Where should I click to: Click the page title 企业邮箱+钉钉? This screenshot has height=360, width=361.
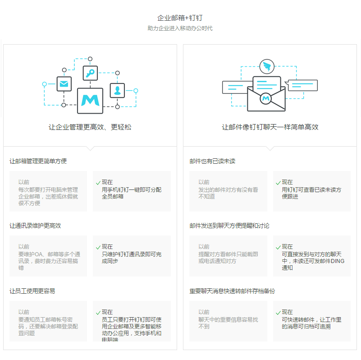click(180, 18)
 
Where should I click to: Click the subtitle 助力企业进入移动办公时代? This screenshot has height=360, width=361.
click(180, 28)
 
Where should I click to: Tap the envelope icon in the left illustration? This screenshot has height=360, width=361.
click(64, 84)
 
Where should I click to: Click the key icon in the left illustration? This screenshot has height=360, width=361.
click(90, 73)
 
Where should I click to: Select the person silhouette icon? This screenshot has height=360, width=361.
click(117, 90)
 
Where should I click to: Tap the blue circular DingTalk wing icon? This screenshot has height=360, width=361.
click(267, 67)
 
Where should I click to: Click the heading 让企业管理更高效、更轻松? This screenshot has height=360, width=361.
click(90, 127)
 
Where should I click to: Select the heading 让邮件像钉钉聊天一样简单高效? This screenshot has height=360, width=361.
click(270, 127)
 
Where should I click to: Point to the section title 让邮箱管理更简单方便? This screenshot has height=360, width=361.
click(38, 161)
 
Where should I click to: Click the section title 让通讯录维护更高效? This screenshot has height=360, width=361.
click(35, 226)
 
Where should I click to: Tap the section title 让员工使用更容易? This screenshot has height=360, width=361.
click(32, 291)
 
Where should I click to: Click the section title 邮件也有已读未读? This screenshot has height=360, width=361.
click(212, 161)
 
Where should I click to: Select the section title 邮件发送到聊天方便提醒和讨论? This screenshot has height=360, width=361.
click(229, 226)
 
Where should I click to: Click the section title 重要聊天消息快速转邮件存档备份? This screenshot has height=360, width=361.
click(232, 291)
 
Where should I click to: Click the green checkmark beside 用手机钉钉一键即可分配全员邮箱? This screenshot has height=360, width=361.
click(98, 183)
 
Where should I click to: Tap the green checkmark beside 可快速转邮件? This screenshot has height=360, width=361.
click(278, 313)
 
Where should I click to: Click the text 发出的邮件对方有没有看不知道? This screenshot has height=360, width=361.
click(228, 193)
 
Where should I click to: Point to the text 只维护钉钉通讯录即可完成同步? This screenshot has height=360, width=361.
click(131, 258)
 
